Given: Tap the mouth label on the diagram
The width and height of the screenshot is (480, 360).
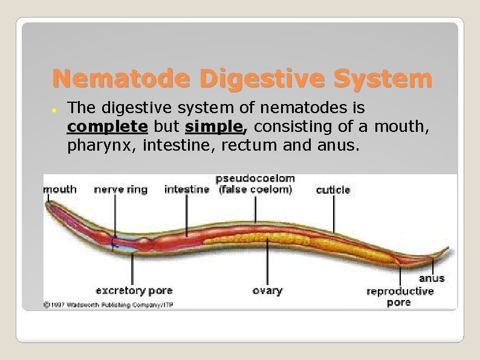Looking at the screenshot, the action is point(60,189).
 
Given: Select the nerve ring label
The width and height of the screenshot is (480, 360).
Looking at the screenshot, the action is point(121,189).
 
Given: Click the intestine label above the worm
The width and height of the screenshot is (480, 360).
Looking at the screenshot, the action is point(187,189).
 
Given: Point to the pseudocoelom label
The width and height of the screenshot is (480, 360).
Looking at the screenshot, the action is point(255,184).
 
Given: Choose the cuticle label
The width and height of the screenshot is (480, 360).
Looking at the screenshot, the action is point(333,190).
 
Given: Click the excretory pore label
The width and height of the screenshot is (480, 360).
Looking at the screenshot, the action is point(134,290).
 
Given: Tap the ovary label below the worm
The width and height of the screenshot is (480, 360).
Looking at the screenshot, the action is point(267,290).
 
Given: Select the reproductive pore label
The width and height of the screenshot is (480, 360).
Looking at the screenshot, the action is point(400,296).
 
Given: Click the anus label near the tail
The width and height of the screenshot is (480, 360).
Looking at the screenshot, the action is point(432,278).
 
